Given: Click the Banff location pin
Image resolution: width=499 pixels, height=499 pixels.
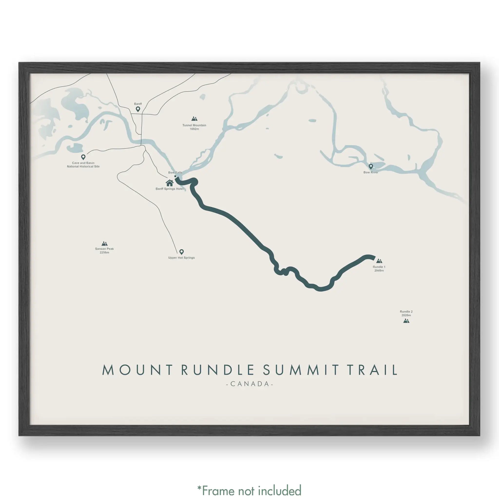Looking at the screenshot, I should [x=138, y=109].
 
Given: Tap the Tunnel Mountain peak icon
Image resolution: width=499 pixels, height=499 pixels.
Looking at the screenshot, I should [x=194, y=119].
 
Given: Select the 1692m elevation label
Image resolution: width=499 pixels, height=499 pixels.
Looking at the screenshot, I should [x=194, y=129].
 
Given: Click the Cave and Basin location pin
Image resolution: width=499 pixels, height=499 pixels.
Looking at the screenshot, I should [x=83, y=157].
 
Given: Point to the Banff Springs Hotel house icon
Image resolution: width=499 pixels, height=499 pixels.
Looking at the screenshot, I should [x=169, y=183].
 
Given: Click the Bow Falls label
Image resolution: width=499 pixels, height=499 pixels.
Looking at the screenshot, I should [x=175, y=173].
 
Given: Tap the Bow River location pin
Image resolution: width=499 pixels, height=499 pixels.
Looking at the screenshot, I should [x=371, y=166].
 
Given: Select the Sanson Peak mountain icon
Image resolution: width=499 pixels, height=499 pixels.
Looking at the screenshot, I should [x=104, y=243].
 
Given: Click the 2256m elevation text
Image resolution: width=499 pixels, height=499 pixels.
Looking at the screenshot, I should [x=104, y=252].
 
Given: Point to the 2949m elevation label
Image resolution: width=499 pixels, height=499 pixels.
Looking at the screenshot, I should [x=379, y=270].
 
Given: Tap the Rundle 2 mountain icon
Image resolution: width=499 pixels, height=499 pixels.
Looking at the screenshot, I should [x=406, y=321].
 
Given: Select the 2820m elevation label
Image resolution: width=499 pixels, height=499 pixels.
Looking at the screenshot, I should [x=406, y=315].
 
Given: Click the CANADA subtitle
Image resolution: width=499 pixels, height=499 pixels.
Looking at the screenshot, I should [x=249, y=384].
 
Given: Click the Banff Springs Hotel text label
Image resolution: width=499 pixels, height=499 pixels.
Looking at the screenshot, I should [x=169, y=189].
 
